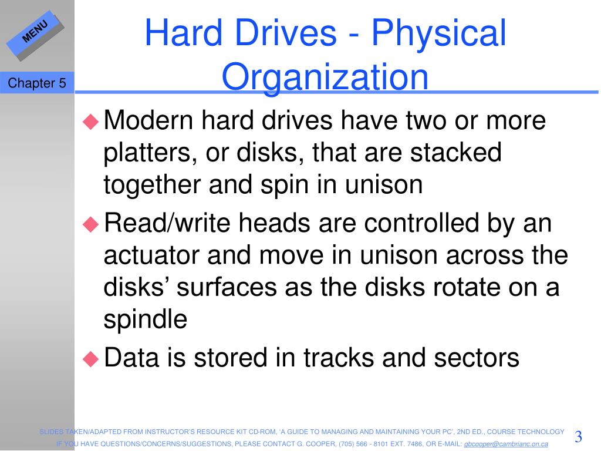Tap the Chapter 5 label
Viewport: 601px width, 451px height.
coord(37,83)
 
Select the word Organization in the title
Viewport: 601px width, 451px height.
coord(325,77)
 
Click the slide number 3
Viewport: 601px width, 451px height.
coord(578,436)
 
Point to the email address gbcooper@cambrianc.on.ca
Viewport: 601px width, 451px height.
coord(506,444)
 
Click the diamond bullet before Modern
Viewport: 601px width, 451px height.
coord(91,121)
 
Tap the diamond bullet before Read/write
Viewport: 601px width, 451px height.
coord(91,224)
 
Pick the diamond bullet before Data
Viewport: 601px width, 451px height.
coord(91,359)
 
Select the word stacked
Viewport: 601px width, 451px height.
coord(455,152)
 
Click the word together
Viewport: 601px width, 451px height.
coord(152,185)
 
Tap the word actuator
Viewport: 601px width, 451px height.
coord(151,255)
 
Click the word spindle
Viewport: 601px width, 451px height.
coord(146,319)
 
